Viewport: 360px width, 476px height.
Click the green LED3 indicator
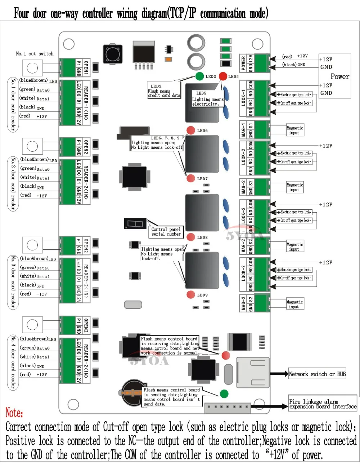pos(199,76)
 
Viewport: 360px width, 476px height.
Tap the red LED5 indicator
pos(223,76)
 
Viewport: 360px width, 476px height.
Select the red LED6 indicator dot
pos(191,130)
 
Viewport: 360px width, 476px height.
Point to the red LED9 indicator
pos(191,295)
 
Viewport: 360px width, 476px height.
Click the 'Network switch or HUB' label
pos(317,374)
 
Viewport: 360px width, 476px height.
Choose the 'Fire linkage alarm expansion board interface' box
pos(323,404)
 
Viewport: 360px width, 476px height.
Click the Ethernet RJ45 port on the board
pos(253,372)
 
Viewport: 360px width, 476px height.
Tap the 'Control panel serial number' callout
pos(166,232)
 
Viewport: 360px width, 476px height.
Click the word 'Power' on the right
pos(339,76)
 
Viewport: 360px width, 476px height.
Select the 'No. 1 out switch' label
pos(35,54)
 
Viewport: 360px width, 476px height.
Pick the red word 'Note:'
pos(14,413)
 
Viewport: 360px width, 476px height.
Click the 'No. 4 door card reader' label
pos(13,362)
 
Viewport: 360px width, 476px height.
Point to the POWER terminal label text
pos(243,63)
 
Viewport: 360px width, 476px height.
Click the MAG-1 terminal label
pos(243,130)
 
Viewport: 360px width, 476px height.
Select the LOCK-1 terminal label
pos(243,98)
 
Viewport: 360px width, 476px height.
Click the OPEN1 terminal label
pos(86,67)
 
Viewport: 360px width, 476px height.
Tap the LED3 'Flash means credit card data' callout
pos(164,91)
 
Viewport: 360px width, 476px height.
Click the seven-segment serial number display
pos(135,223)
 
